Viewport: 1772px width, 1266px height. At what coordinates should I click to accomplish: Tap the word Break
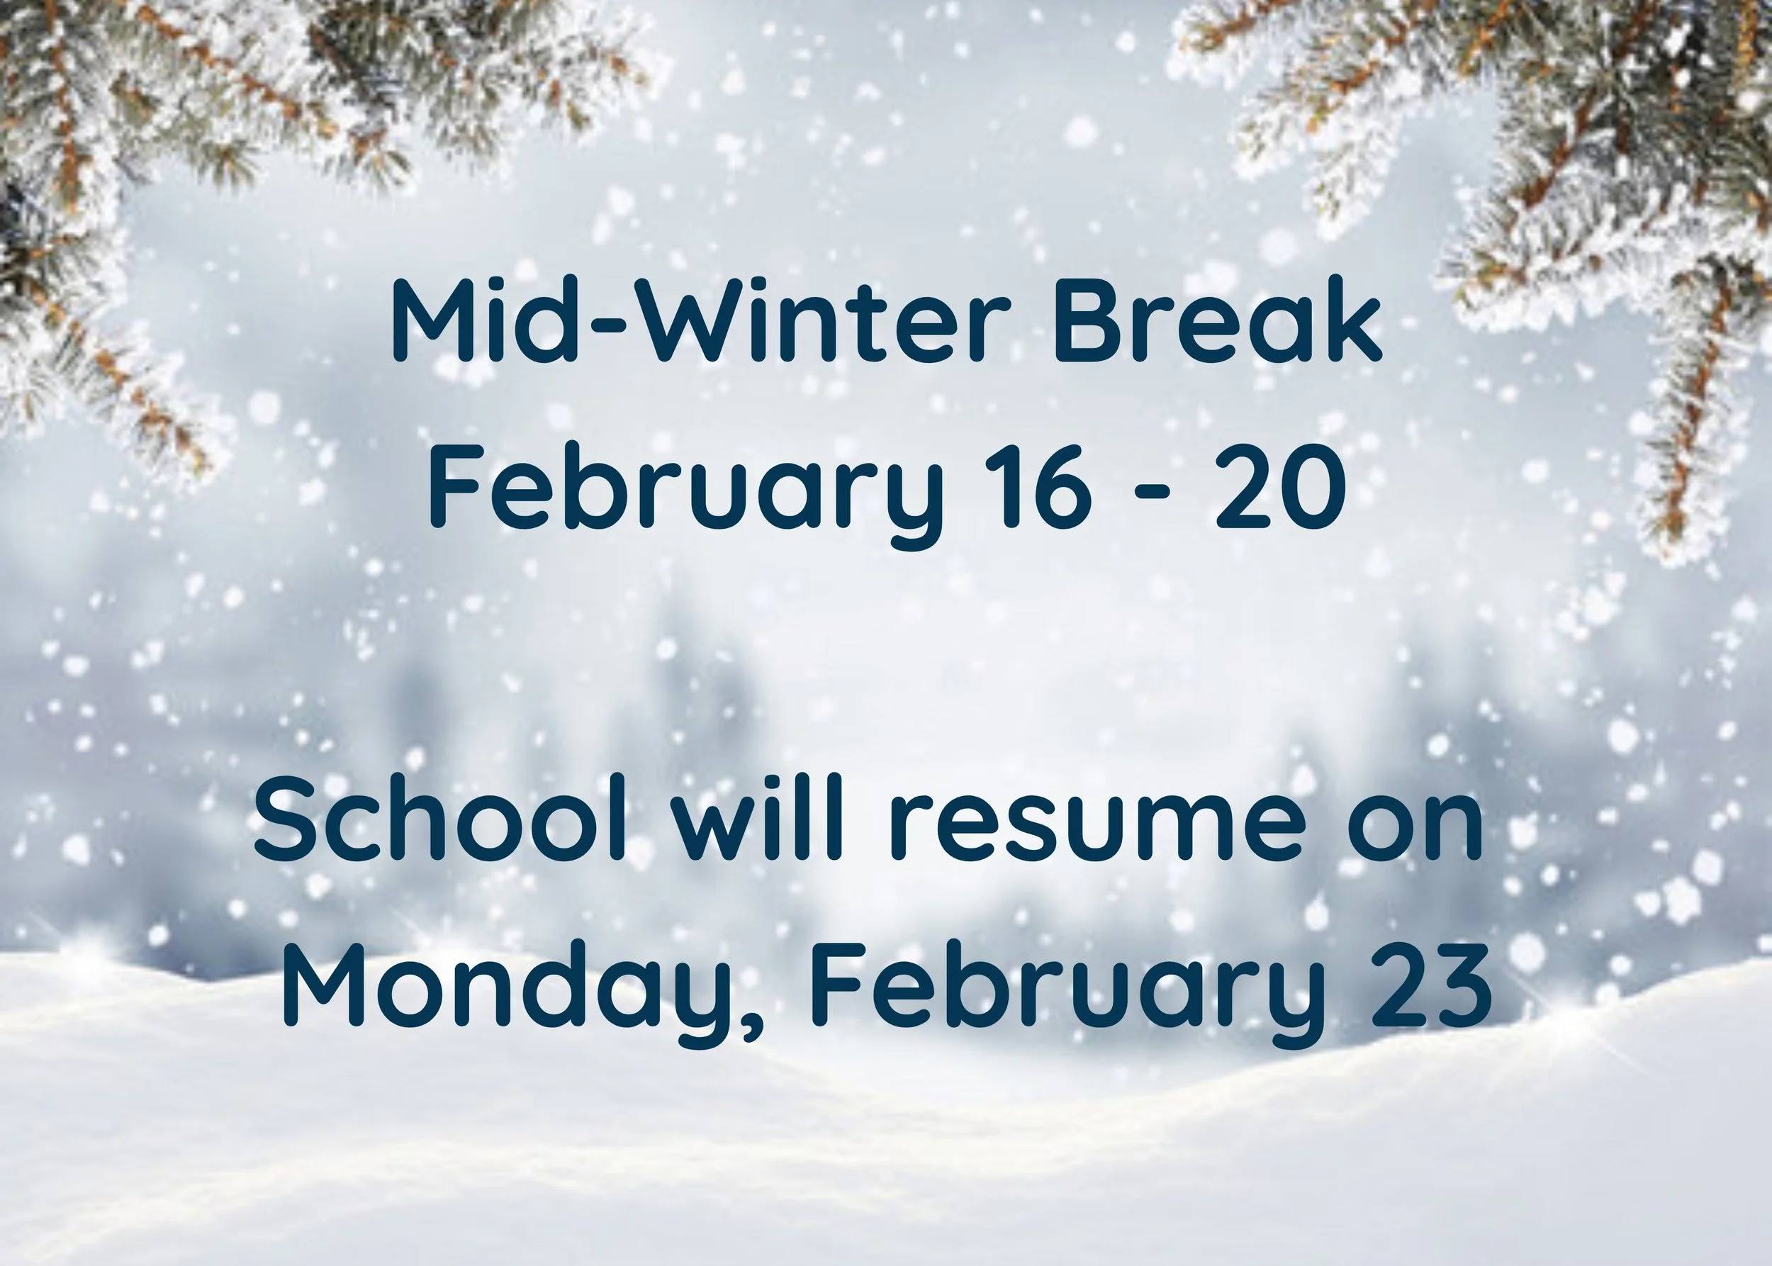tap(1217, 321)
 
